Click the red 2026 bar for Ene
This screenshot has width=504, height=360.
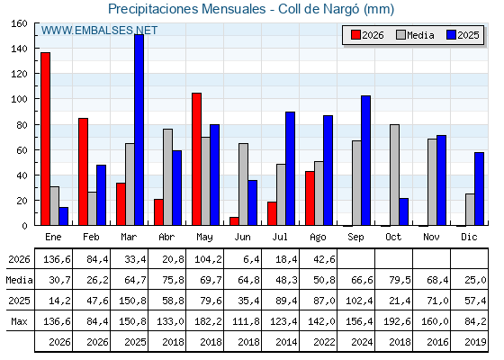(x=45, y=139)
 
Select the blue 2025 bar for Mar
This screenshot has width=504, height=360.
(x=139, y=130)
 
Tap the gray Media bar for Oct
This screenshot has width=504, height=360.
(x=394, y=175)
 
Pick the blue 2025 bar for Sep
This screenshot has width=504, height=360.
(x=365, y=160)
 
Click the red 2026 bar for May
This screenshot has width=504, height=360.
(x=197, y=159)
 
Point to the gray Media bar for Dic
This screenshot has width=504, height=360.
(x=470, y=210)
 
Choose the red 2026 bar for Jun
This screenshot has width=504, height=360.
(x=234, y=221)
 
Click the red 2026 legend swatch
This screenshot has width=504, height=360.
(x=355, y=35)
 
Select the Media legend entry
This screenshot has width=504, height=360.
(x=415, y=35)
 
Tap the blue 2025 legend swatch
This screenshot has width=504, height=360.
(x=451, y=35)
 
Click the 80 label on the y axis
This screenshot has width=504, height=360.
(x=22, y=125)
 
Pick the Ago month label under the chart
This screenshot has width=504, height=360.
(x=318, y=238)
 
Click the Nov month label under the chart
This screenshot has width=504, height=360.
(x=431, y=237)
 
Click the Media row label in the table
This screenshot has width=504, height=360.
(x=19, y=280)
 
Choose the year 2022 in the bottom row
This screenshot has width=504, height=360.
(x=324, y=342)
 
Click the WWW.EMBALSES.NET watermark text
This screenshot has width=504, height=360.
(x=99, y=31)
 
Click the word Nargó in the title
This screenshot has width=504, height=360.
(x=341, y=9)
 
